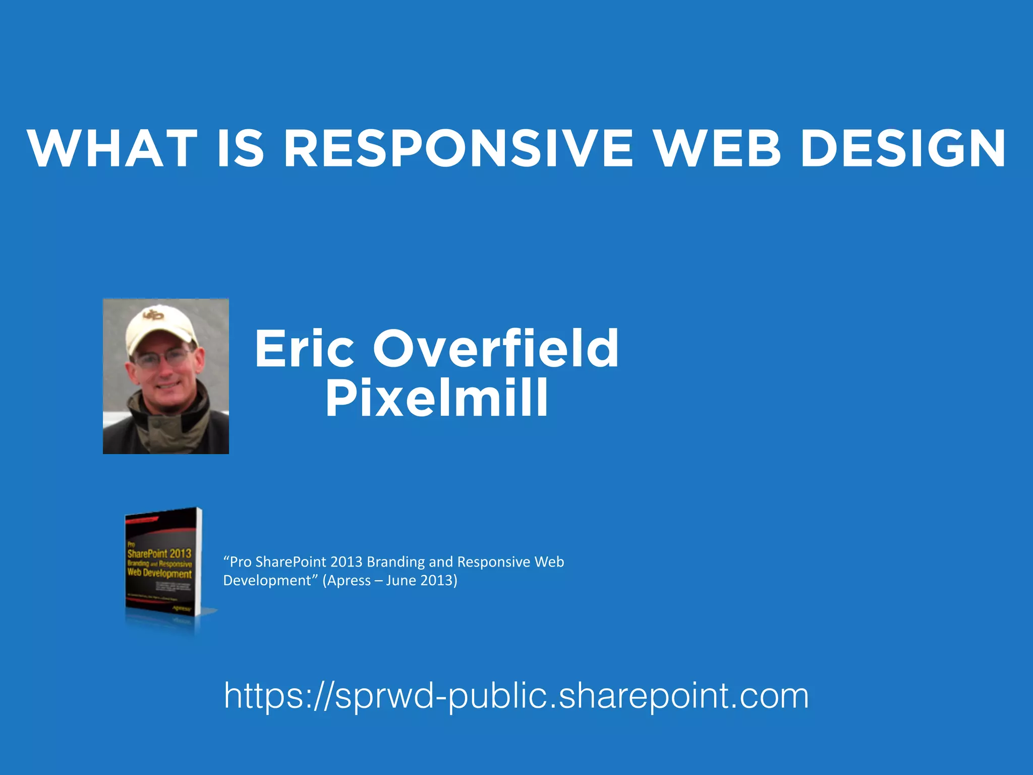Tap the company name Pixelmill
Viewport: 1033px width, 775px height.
point(437,398)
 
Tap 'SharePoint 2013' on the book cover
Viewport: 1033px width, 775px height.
point(159,553)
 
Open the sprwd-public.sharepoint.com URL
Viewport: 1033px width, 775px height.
point(516,696)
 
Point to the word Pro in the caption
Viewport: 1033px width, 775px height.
point(241,562)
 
